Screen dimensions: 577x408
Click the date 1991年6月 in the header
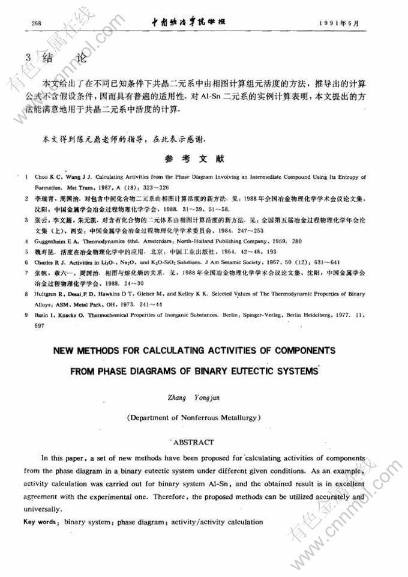point(341,23)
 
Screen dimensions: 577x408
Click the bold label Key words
point(40,522)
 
